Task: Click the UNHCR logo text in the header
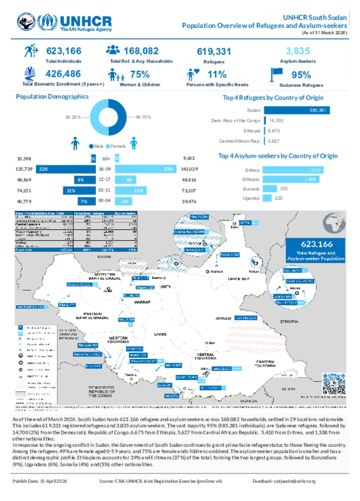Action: tap(86, 21)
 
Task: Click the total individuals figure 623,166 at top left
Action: tap(64, 51)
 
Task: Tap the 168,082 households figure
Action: tap(141, 51)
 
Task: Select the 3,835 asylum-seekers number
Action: tap(298, 51)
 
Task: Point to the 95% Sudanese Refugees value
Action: tap(301, 75)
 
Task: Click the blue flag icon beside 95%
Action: tap(276, 74)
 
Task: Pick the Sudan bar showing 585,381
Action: tap(297, 110)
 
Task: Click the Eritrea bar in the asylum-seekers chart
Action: tap(293, 170)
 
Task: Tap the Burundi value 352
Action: tap(284, 188)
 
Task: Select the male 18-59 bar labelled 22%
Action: tap(66, 169)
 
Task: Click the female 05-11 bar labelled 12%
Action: tap(131, 191)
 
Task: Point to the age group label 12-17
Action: tap(104, 179)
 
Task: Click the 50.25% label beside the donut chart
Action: tap(73, 117)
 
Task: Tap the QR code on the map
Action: tap(334, 384)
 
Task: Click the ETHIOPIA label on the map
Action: tap(289, 322)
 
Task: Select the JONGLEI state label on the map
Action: tap(223, 318)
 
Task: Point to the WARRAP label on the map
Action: tap(142, 302)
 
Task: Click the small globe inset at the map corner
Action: tap(334, 224)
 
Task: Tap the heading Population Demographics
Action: tap(52, 97)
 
